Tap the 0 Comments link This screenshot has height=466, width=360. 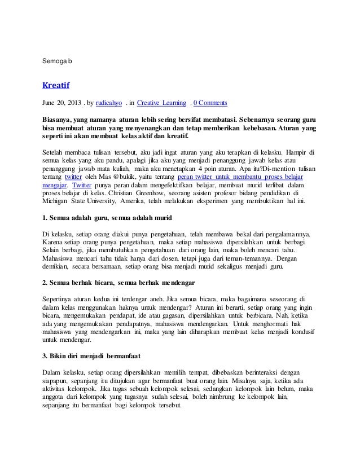[210, 103]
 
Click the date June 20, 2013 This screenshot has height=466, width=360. [62, 103]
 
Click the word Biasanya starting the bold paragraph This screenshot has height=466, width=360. [59, 121]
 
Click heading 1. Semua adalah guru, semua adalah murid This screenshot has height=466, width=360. [107, 217]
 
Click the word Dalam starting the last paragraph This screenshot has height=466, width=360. [52, 372]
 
